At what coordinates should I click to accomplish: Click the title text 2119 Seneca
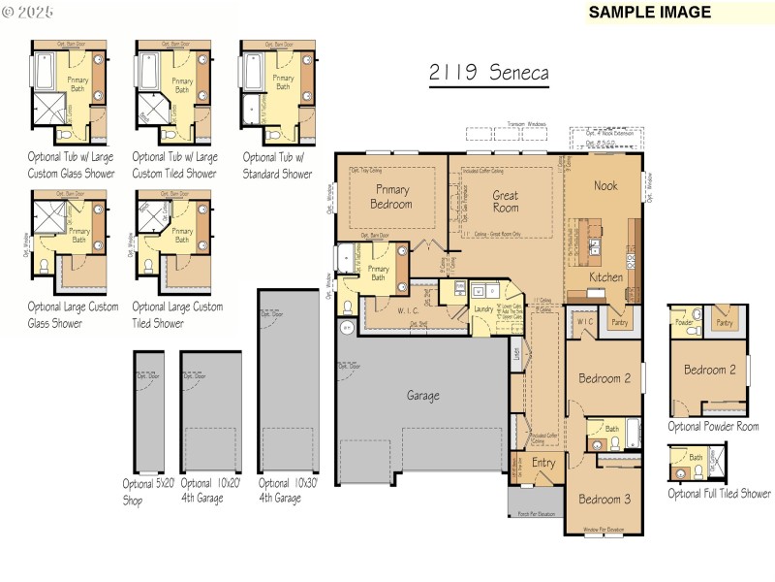tap(488, 74)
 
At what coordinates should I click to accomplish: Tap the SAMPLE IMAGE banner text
tap(650, 13)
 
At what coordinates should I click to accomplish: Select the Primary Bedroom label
tap(391, 197)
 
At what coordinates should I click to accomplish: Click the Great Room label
tap(505, 201)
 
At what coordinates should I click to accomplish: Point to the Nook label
tap(605, 185)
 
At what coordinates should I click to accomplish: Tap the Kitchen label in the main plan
tap(606, 277)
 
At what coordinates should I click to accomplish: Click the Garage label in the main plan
tap(422, 396)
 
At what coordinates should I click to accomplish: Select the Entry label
tap(543, 463)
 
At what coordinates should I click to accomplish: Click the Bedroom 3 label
tap(604, 500)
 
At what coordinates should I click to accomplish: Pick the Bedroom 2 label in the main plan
tap(604, 378)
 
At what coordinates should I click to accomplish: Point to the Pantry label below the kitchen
tap(618, 320)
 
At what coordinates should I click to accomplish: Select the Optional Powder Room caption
tap(713, 427)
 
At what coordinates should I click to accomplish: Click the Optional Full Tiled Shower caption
tap(720, 494)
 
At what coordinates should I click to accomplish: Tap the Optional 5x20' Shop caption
tap(147, 491)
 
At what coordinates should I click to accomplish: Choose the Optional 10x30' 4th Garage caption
tap(288, 491)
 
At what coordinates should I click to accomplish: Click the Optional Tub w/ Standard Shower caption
tap(277, 165)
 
